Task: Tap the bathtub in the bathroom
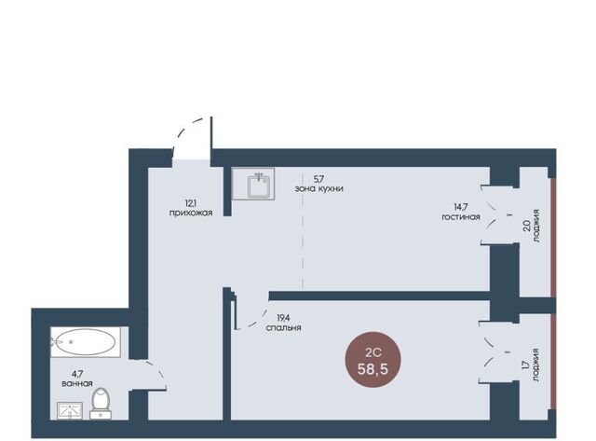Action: pos(86,342)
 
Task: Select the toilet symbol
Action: pos(101,404)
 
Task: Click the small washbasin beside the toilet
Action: pos(70,410)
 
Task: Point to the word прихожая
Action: pos(191,214)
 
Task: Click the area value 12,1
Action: pos(190,203)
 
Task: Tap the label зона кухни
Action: pos(318,188)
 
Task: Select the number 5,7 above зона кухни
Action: pos(318,178)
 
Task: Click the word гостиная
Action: pos(461,217)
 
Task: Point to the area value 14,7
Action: pos(461,207)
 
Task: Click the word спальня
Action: pos(283,327)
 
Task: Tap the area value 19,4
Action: pos(283,317)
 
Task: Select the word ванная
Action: pos(77,383)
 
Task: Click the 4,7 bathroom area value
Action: pos(77,374)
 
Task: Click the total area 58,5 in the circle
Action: pos(372,368)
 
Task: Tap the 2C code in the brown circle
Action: pos(372,352)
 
